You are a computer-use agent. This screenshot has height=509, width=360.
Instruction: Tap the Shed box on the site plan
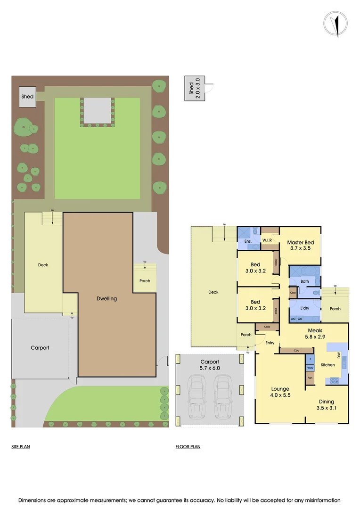pos(28,96)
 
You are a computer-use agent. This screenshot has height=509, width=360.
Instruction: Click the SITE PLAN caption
pos(21,446)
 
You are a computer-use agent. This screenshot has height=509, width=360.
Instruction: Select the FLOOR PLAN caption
pos(188,446)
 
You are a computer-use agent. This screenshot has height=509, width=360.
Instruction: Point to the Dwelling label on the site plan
pos(106,298)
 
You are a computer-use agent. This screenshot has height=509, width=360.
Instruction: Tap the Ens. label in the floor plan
pos(247,241)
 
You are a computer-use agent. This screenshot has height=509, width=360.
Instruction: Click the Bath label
pos(305,281)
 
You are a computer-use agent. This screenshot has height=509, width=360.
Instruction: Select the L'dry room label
pos(304,308)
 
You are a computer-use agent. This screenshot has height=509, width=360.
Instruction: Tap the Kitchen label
pos(327,365)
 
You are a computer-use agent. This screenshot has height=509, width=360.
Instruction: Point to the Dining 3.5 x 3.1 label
pos(326,404)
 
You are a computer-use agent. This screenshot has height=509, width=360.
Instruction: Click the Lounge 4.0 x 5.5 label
pos(280,392)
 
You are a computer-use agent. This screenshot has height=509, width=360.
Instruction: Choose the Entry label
pos(270,343)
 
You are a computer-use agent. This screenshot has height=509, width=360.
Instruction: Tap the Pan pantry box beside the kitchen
pos(310,378)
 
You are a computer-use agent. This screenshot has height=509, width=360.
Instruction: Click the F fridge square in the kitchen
pos(310,360)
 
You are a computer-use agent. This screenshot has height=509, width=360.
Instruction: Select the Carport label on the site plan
pos(40,348)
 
